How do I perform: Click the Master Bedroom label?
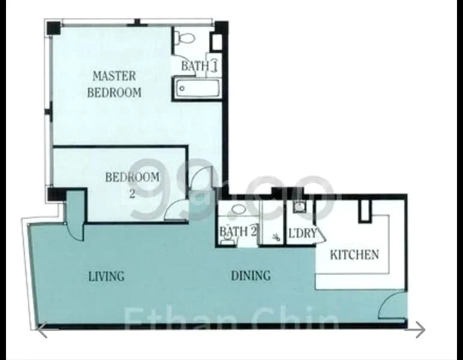(114, 84)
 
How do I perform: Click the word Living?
(106, 277)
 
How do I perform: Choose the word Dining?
(251, 276)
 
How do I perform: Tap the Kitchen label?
(354, 254)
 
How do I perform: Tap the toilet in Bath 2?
(226, 241)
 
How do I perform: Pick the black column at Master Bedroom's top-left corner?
(53, 28)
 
